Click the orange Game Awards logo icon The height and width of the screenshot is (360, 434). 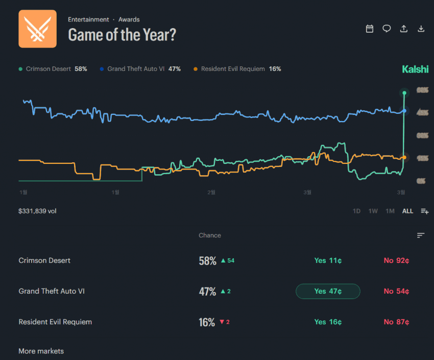[x=37, y=29]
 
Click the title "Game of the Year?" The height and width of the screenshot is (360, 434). [x=122, y=35]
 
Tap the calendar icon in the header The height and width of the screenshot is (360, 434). [x=370, y=29]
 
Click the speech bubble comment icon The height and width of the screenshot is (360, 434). [x=387, y=29]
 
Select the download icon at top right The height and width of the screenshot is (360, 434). [x=421, y=29]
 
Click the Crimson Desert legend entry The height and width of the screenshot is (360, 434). [x=53, y=69]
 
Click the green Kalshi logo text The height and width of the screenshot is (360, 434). [x=415, y=69]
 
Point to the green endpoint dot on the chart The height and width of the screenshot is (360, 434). [x=404, y=93]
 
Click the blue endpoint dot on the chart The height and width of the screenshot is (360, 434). [x=404, y=110]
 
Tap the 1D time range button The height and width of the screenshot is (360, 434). [x=356, y=211]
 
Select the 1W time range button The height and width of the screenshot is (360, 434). [x=373, y=211]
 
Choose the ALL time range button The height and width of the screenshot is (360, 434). [x=407, y=211]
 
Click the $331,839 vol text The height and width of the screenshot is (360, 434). [x=37, y=211]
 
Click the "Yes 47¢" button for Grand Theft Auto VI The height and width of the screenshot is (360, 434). [x=328, y=291]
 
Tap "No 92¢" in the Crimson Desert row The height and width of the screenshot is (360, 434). [x=397, y=260]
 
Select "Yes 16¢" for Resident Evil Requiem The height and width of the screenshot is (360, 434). [x=328, y=322]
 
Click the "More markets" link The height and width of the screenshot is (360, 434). [x=41, y=351]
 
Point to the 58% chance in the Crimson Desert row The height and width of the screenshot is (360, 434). [x=208, y=261]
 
